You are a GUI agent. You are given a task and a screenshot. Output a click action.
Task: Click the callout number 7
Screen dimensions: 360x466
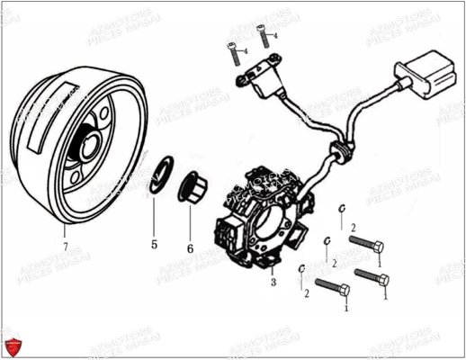pyautogui.click(x=65, y=245)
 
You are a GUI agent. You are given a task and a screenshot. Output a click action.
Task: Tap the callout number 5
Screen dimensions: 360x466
pyautogui.click(x=154, y=244)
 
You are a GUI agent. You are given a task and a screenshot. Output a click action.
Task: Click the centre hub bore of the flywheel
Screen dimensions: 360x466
pyautogui.click(x=91, y=140)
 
